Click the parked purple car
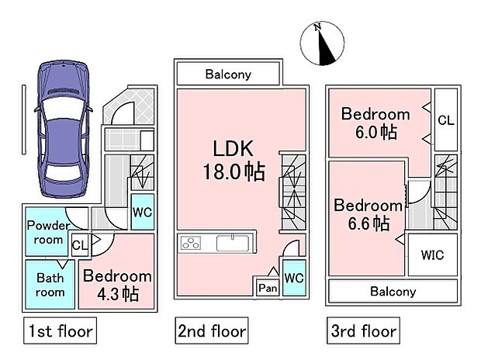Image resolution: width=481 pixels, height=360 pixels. point(64,129)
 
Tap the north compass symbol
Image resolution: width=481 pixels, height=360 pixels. point(322,43)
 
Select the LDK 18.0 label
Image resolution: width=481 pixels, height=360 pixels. point(234,160)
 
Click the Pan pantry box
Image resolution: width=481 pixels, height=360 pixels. point(268,288)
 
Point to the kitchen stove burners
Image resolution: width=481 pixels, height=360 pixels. point(191,243)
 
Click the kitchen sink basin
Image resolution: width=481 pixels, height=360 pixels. point(233,244)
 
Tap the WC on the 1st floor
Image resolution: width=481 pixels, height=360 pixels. point(143,212)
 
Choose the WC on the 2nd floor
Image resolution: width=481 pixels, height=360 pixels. point(294,278)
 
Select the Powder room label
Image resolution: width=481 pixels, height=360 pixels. point(48,232)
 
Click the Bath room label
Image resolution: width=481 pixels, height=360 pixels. point(50,285)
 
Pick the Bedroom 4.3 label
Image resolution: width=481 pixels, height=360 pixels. point(117,285)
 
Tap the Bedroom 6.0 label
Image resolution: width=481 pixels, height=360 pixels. point(375,123)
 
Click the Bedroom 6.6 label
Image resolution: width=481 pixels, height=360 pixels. point(368,214)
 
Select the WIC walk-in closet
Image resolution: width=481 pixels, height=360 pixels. point(433,254)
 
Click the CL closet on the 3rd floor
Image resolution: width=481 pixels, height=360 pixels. point(446,119)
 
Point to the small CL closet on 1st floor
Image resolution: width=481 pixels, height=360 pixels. point(80,245)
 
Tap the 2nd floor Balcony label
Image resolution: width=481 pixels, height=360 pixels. point(228,74)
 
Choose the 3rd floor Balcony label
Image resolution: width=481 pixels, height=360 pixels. point(393,291)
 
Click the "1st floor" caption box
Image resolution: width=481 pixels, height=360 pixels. point(61,331)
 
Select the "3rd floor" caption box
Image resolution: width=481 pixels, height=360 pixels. point(364,331)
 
